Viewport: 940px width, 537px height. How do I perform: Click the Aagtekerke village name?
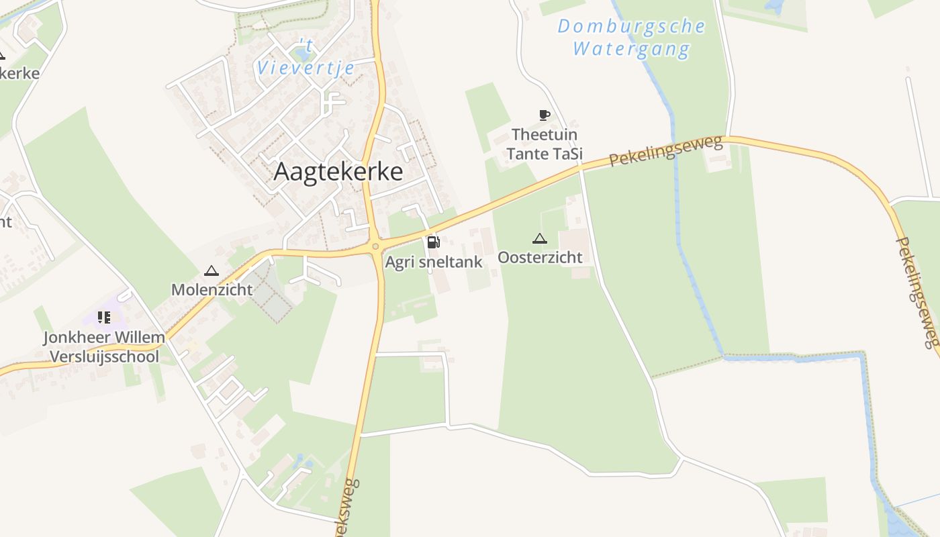point(338,172)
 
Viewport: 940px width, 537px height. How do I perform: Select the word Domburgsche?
point(631,27)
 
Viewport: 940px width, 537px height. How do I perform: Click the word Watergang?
point(631,49)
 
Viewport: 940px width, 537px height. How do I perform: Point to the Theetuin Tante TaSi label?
point(545,144)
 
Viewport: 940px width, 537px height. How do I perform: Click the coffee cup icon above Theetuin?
point(544,115)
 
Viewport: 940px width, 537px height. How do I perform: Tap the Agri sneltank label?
point(434,262)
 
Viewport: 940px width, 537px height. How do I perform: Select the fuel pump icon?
point(433,242)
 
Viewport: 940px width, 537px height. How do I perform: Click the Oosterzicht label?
point(540,257)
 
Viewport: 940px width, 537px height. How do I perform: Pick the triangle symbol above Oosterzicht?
point(539,238)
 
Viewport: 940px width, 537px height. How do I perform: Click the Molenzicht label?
point(211,289)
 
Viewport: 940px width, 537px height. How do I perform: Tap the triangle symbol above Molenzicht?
point(211,271)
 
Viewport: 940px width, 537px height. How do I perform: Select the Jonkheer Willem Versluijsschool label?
point(103,346)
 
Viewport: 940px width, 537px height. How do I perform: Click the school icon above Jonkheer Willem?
point(103,317)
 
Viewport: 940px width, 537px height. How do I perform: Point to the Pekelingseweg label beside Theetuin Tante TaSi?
point(666,150)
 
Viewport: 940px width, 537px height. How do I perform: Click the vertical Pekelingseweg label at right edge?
point(926,292)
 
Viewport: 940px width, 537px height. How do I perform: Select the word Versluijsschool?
point(103,356)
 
